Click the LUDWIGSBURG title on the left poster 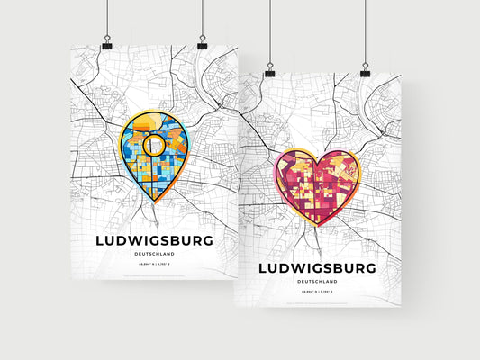153,240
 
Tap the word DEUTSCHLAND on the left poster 153,256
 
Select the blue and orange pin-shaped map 155,149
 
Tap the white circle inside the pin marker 154,144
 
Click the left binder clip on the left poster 106,43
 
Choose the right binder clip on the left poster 202,43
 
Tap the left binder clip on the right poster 269,70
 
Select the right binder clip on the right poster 365,70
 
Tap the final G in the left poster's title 208,240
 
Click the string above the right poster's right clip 365,31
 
